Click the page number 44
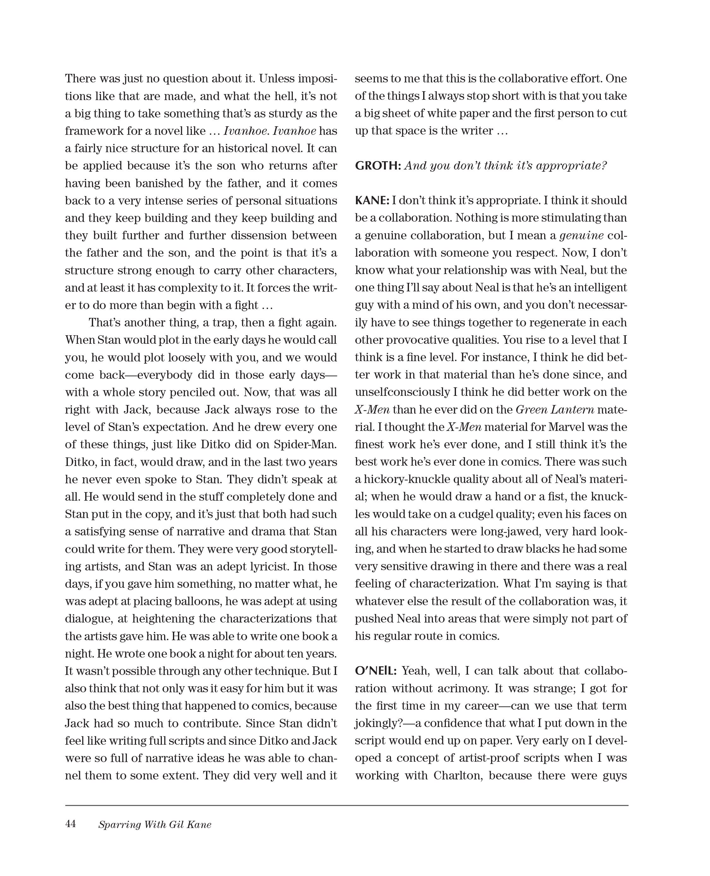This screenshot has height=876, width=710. [x=70, y=824]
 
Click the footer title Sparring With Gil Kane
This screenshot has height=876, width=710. [x=155, y=825]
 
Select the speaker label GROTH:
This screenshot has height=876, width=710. [x=377, y=166]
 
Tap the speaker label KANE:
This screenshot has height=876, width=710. [x=372, y=200]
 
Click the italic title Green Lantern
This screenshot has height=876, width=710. [x=554, y=409]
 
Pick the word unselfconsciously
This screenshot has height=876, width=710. [x=402, y=392]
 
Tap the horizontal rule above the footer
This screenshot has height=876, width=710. [x=346, y=805]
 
